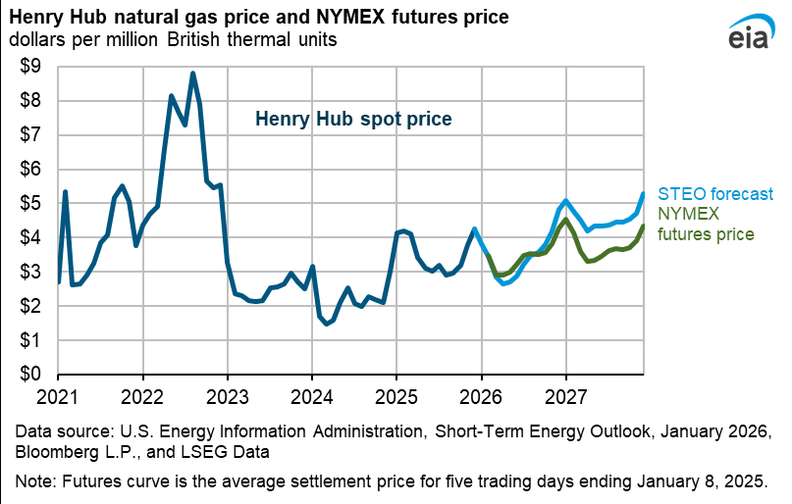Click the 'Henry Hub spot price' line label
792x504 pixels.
(353, 119)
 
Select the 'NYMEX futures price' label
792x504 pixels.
(706, 224)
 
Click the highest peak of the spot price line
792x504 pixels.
(192, 73)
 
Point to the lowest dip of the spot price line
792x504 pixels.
(326, 324)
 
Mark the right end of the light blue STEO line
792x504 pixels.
(643, 194)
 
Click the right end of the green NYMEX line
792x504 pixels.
(643, 227)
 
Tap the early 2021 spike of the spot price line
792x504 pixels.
(66, 191)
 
